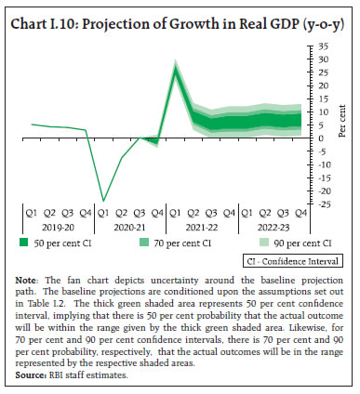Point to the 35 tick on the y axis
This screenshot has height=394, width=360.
tap(319, 46)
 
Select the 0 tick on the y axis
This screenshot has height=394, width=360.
tap(317, 138)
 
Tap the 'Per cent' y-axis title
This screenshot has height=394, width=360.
tap(342, 124)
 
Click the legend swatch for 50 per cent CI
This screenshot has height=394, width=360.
tap(23, 243)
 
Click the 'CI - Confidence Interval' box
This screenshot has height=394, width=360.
tap(289, 263)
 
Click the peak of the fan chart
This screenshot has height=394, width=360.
tap(176, 65)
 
